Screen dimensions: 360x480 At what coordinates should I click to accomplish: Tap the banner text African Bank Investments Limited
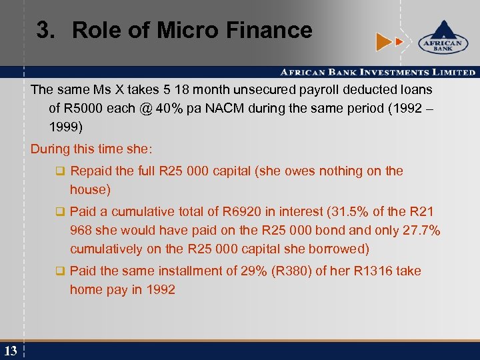pos(377,72)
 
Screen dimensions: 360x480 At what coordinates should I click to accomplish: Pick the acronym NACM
pos(225,108)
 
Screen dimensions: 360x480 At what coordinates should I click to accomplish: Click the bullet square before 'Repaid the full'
pos(60,171)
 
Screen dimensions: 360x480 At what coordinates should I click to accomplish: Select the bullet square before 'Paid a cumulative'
pos(60,212)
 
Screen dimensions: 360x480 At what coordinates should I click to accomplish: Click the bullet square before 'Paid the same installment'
pos(60,271)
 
